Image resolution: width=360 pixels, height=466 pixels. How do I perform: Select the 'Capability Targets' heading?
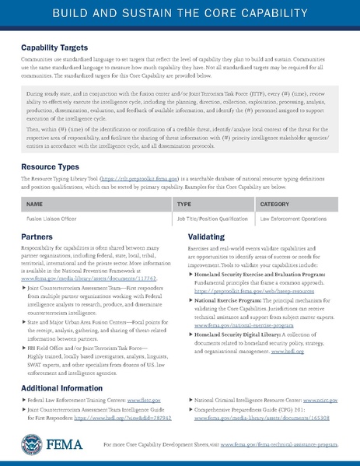pos(57,48)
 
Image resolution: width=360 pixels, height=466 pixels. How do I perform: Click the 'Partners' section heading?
pos(37,235)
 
